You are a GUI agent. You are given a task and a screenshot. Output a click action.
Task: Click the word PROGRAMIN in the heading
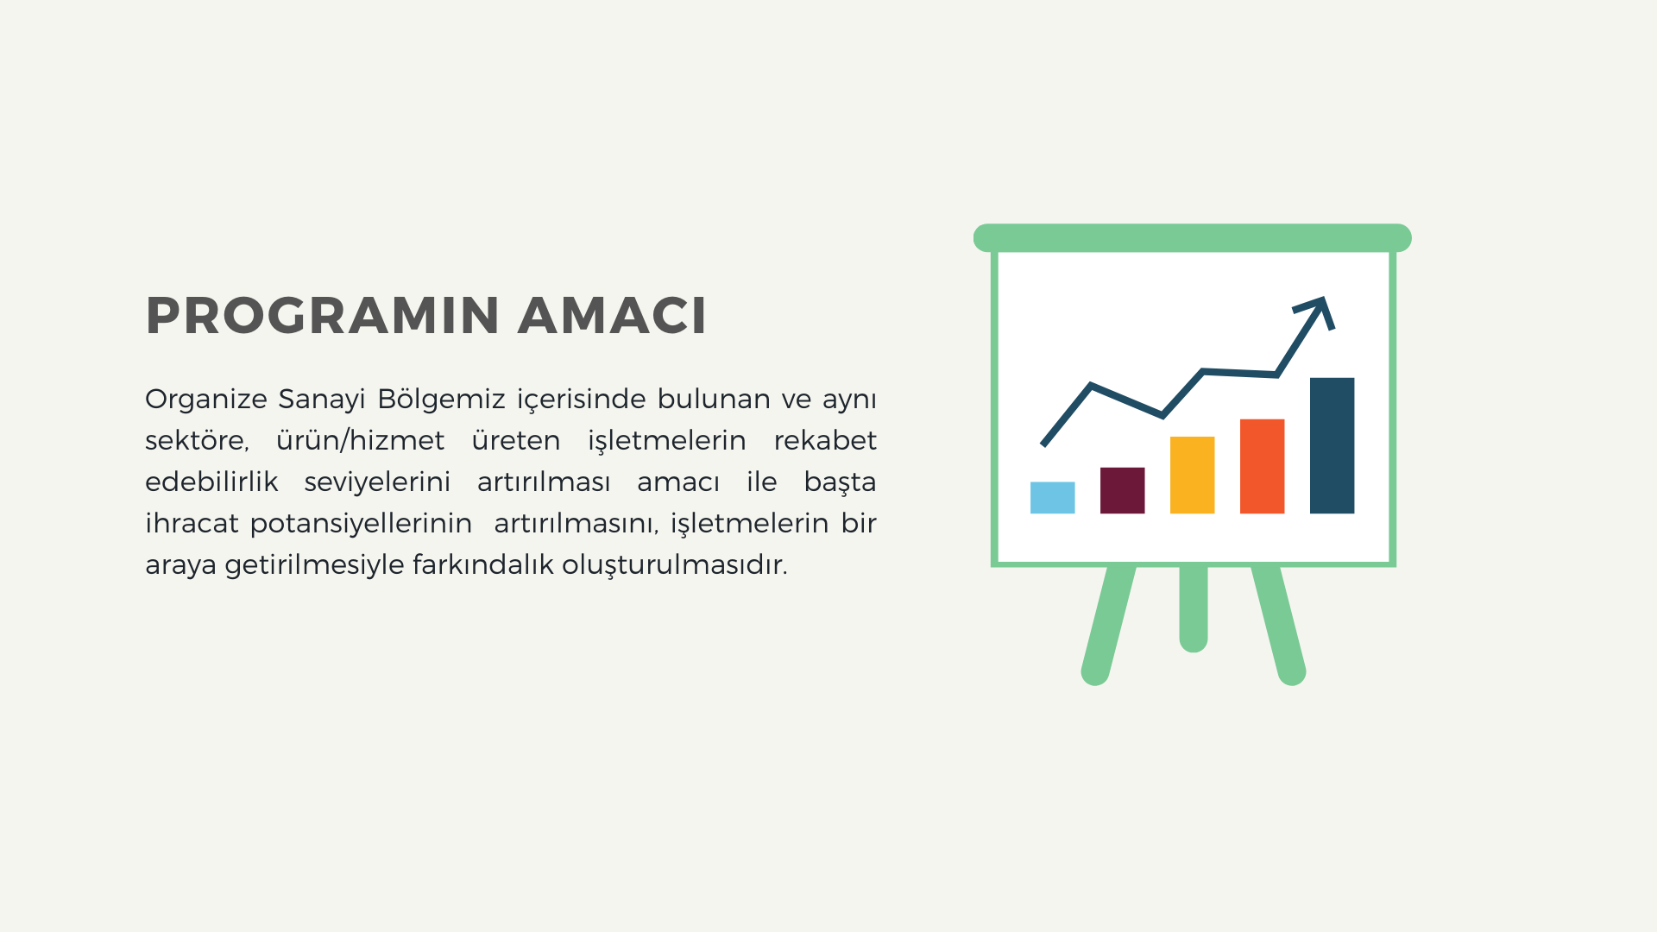(323, 315)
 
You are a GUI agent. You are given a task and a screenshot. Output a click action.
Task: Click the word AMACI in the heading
(613, 315)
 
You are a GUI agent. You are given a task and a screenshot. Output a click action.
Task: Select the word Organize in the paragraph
(206, 400)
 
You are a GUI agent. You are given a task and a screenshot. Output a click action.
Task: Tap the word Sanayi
(322, 400)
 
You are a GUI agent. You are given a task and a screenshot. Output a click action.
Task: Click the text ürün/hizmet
(360, 440)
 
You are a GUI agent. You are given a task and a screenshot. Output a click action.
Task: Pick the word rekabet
(825, 440)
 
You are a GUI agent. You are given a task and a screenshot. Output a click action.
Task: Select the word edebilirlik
(211, 482)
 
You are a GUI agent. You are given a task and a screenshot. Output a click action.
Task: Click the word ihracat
(192, 523)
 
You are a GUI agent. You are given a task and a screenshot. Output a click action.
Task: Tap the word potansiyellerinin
(361, 524)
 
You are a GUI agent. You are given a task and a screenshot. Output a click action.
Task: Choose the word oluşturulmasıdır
(675, 565)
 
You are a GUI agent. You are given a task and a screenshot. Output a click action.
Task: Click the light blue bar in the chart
(1053, 498)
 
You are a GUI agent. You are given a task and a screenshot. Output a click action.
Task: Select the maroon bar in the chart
(1123, 490)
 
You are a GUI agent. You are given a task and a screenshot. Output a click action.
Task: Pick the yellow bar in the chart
(1193, 475)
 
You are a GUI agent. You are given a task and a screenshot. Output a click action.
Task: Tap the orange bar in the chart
(1263, 466)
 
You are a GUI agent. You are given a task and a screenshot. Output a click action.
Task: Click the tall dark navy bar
(1333, 445)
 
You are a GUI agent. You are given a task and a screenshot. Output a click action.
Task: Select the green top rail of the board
(1193, 238)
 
